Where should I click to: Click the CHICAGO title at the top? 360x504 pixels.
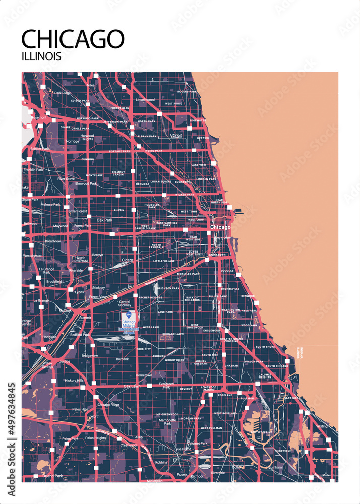[73, 39]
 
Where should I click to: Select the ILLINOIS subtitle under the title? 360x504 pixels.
[41, 56]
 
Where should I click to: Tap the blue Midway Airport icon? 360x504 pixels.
[129, 315]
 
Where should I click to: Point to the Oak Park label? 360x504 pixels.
[105, 220]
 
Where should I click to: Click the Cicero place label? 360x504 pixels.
[128, 260]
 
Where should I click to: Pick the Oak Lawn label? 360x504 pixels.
[132, 386]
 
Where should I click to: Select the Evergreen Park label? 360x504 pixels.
[166, 386]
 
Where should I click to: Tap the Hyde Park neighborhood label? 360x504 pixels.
[249, 310]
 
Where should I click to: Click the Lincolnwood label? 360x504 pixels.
[145, 100]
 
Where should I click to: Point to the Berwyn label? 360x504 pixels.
[97, 255]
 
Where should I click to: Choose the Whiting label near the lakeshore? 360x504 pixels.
[321, 426]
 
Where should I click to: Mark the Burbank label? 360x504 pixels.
[122, 359]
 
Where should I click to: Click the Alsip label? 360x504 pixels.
[139, 437]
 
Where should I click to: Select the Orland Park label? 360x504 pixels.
[52, 476]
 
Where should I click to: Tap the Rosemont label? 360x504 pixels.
[39, 117]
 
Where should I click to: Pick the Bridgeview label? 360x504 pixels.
[90, 356]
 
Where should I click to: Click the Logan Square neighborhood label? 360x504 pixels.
[161, 181]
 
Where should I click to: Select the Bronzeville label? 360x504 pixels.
[230, 289]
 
